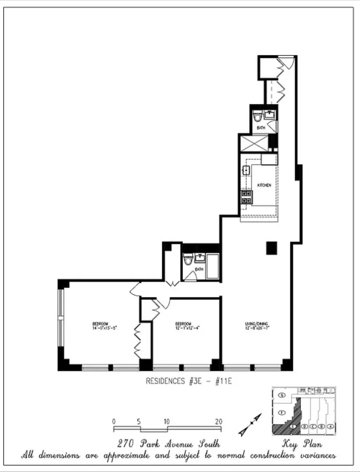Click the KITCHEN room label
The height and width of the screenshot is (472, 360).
tap(264, 185)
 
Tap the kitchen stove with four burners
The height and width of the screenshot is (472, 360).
tap(246, 197)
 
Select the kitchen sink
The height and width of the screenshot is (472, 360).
tap(246, 171)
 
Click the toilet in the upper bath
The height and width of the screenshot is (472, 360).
tap(258, 116)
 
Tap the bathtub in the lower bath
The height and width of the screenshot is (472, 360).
tap(213, 266)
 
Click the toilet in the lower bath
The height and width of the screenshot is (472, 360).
tap(188, 260)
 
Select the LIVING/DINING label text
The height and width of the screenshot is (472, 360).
tap(257, 324)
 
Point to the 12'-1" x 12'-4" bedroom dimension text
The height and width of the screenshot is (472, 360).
tap(187, 328)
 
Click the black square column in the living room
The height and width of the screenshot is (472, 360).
tap(272, 248)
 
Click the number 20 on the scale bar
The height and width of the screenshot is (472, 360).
tap(218, 422)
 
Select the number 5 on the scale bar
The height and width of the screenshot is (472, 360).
tap(139, 422)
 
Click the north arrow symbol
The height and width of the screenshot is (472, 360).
tap(250, 425)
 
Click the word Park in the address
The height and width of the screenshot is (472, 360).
tap(150, 444)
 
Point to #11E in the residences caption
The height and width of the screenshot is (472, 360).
tap(223, 381)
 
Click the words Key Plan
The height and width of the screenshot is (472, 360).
tap(302, 444)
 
